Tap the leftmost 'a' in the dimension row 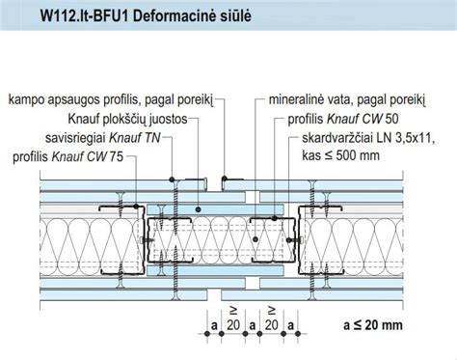212,324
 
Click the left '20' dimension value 230,325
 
